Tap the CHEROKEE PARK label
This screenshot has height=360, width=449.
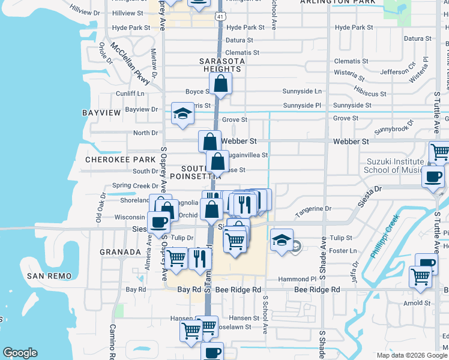coord(112,160)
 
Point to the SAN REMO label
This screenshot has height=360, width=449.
coord(49,276)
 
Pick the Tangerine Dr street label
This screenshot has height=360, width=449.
coord(313,209)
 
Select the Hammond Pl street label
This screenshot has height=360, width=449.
coord(297,280)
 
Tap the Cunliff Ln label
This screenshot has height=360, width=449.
coord(130,94)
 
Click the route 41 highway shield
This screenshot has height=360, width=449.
coord(220,17)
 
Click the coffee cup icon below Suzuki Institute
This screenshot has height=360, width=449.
coord(433,176)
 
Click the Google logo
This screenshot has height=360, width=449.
coord(20,353)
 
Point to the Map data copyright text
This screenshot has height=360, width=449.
coord(412,355)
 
